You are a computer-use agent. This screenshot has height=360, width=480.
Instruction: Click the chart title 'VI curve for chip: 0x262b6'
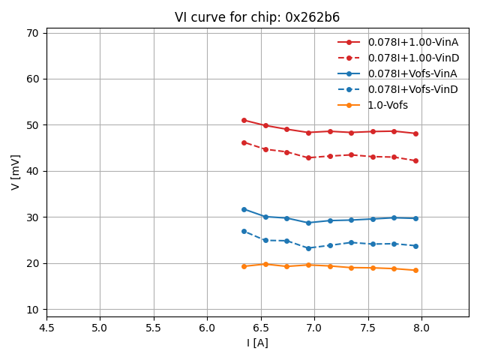pos(257,17)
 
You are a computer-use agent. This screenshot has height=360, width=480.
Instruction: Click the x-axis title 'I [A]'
pos(257,343)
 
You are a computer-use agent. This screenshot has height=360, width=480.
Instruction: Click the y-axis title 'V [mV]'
pos(16,172)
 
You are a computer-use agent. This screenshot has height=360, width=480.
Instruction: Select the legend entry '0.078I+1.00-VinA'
pos(413,42)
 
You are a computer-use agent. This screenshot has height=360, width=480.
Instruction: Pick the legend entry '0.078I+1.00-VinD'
pos(413,58)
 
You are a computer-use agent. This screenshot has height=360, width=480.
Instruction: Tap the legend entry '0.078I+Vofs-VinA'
pos(412,73)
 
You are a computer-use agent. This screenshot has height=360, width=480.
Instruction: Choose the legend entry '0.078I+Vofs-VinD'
pos(412,89)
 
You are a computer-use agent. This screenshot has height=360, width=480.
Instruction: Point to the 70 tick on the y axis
pos(32,33)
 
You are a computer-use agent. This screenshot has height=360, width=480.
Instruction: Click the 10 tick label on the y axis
pos(32,310)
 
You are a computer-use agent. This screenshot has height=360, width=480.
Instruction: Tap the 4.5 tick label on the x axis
pos(46,328)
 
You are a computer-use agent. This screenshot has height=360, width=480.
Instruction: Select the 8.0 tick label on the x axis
pos(421,328)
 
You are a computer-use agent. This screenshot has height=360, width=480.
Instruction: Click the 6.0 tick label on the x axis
pos(207,328)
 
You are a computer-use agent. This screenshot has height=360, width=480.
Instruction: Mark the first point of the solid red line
pos(244,120)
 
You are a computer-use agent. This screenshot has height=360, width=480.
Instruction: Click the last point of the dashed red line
pos(415,160)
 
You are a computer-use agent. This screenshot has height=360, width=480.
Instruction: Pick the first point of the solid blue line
pos(244,209)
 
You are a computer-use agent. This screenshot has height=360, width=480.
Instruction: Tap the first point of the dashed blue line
pos(244,231)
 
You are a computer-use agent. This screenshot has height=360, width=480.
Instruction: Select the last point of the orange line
pos(415,270)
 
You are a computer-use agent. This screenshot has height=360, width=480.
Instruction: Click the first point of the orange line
pos(244,266)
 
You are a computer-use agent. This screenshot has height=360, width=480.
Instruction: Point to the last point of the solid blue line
pos(415,218)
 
